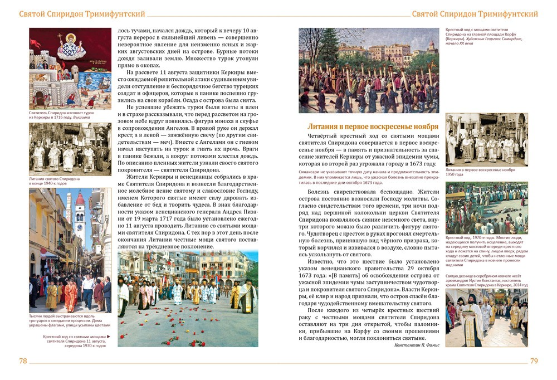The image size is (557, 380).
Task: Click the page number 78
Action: tap(23, 360)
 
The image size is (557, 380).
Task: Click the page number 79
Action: tap(534, 360)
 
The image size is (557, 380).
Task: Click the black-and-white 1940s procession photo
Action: tap(70, 149)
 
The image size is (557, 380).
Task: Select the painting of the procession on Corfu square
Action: tap(369, 70)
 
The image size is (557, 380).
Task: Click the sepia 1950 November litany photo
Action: tap(486, 139)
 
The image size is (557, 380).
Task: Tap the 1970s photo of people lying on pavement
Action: tap(486, 208)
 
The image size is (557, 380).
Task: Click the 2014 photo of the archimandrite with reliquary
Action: tap(486, 318)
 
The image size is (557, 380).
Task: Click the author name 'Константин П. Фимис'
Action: tap(416, 345)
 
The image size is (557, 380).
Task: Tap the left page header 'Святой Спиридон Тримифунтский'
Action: tap(82, 13)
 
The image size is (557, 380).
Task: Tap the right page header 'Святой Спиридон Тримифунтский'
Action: tap(475, 13)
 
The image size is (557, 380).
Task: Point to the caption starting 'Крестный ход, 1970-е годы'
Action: tap(485, 251)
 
